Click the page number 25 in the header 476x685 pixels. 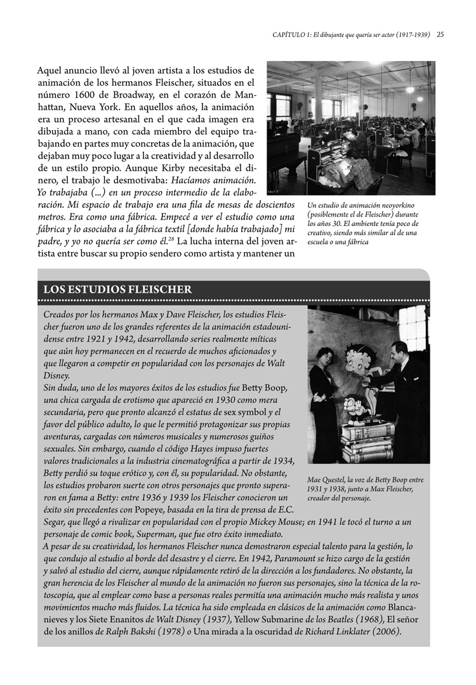click(x=440, y=35)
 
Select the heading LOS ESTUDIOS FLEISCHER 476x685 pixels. click(x=117, y=289)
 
